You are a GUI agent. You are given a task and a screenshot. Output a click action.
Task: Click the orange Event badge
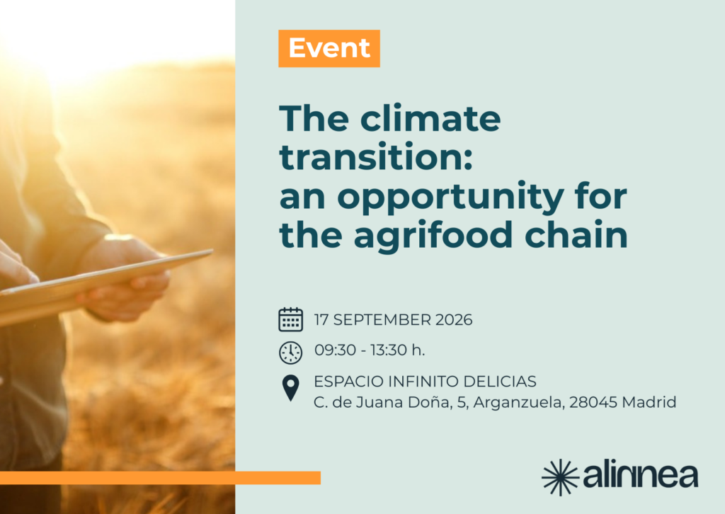(x=329, y=49)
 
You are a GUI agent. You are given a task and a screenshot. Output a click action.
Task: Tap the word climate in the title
(x=430, y=118)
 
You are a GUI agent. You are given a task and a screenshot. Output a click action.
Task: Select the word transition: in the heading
(x=376, y=156)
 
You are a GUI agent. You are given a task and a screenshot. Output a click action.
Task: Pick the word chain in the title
(x=576, y=234)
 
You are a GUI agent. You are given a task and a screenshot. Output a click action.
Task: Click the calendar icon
(x=290, y=319)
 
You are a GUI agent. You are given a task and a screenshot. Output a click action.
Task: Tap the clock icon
(x=290, y=353)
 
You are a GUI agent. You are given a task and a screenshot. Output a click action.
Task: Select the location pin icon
(x=290, y=388)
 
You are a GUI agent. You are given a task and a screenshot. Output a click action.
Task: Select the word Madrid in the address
(x=649, y=402)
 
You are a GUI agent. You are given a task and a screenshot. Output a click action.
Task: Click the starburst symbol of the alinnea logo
(x=560, y=477)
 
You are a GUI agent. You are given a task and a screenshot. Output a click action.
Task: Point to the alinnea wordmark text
(x=641, y=476)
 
